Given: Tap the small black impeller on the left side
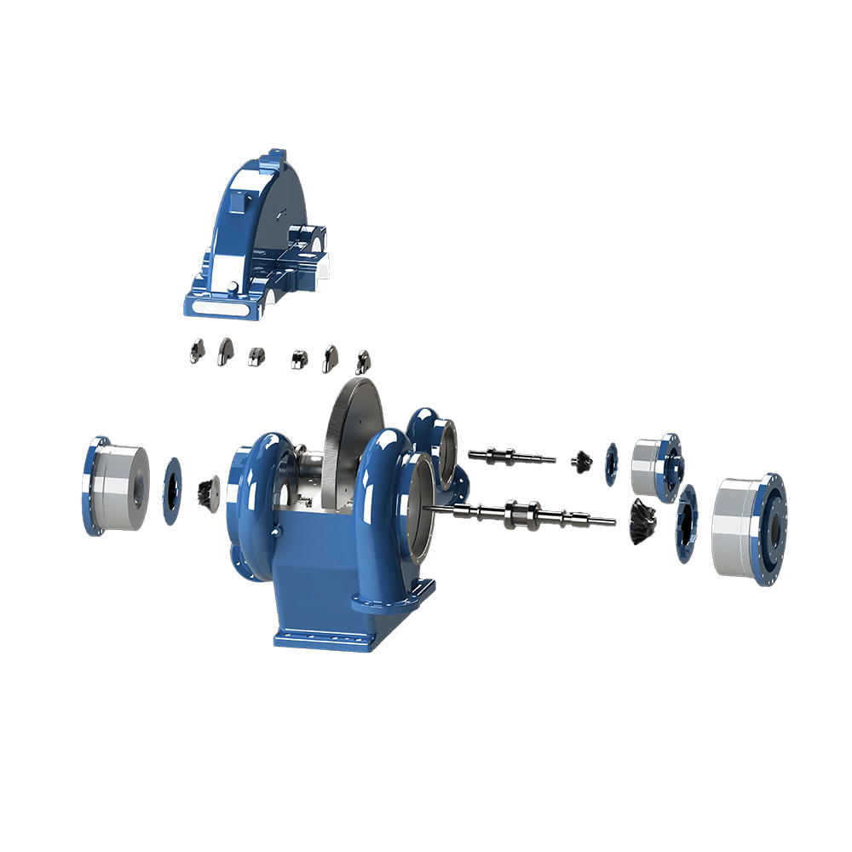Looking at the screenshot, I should point(208,492).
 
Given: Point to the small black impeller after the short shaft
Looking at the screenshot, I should point(583,460).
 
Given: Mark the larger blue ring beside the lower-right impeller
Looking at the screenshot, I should point(686,523).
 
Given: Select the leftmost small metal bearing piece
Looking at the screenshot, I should point(196,350).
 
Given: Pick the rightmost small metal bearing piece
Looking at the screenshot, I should point(363,360).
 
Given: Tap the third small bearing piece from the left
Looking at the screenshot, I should point(256,355).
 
